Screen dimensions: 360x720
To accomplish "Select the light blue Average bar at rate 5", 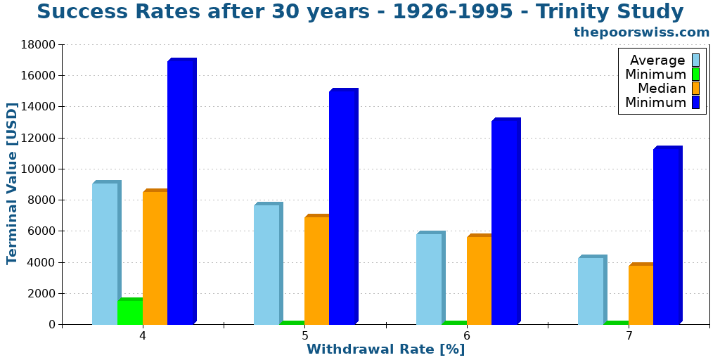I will click(x=267, y=264).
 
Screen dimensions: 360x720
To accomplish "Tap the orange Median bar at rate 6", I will click(x=480, y=280).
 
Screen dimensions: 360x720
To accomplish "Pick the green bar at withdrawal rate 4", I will click(x=130, y=311).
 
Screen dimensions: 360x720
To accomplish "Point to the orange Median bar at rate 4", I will click(x=155, y=257).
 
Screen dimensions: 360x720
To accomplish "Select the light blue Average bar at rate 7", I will click(x=591, y=290).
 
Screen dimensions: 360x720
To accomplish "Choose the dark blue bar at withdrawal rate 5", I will click(x=342, y=207).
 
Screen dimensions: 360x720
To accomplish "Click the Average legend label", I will click(x=657, y=60).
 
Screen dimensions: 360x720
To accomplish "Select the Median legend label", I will click(x=661, y=89).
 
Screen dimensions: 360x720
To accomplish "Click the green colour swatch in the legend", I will click(x=695, y=74).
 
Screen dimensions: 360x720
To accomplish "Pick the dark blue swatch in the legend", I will click(x=695, y=103).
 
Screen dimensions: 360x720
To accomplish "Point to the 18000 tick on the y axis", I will click(x=39, y=45).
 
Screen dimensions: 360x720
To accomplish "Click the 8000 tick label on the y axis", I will click(x=42, y=200).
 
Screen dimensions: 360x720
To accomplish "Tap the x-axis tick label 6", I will click(x=467, y=336).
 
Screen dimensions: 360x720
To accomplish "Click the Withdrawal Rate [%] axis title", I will click(x=385, y=349).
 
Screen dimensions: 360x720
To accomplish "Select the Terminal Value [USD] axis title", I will click(x=12, y=184).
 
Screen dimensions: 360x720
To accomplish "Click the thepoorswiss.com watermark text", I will click(x=641, y=32).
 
